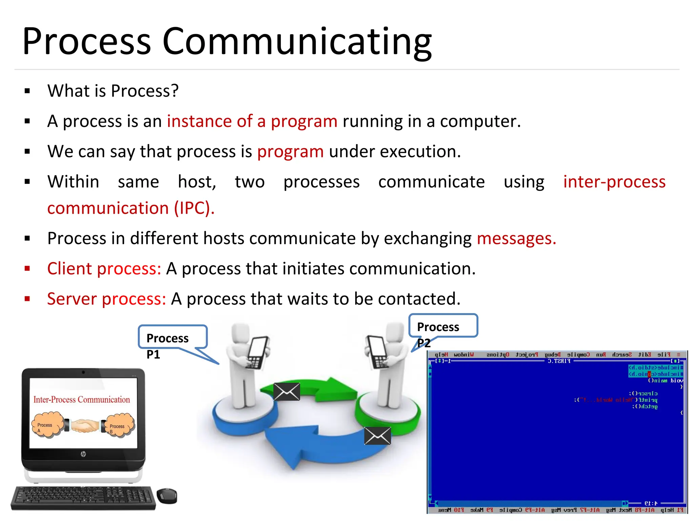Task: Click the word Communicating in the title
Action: pos(297,41)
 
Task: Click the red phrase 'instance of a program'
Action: pos(252,121)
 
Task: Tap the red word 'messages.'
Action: pos(516,238)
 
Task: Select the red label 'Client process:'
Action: pos(104,269)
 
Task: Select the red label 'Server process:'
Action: pos(106,299)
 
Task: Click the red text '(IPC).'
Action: pos(194,208)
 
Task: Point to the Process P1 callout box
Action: pos(172,337)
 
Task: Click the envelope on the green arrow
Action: pos(287,392)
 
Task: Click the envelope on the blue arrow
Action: pos(377,436)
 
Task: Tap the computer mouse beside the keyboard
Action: pos(167,496)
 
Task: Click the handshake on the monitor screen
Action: pos(83,426)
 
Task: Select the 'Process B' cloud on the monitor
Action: pos(118,425)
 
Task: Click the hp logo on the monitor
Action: pos(83,454)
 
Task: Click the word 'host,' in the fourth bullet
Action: pos(197,182)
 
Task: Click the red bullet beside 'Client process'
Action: pos(27,269)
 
